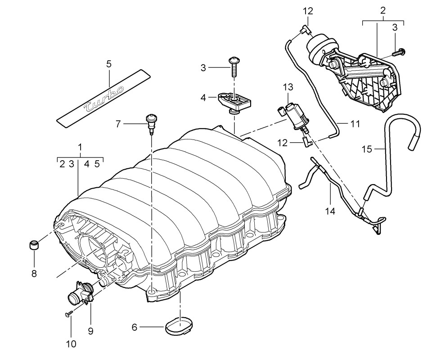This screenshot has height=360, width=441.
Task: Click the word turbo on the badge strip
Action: coord(104,98)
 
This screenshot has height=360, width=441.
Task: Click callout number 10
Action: coord(71,344)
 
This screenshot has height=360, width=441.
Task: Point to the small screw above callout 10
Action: coord(69,313)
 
